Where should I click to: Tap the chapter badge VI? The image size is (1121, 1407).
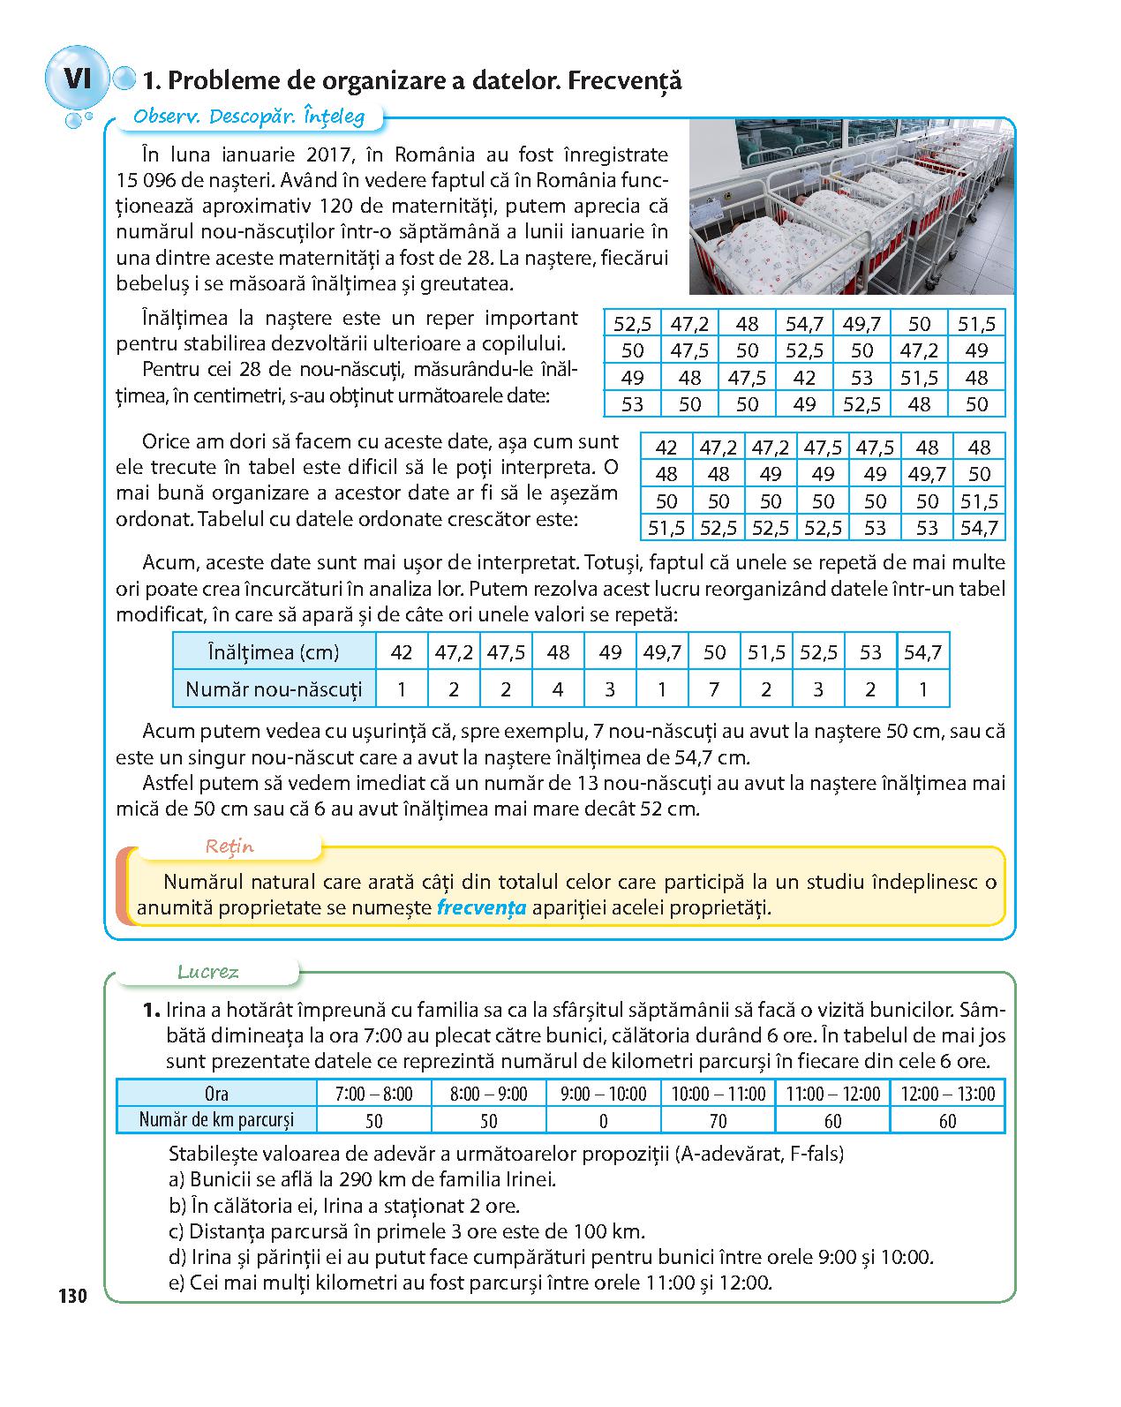point(78,78)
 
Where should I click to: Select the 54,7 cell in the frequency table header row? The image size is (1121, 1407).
point(922,652)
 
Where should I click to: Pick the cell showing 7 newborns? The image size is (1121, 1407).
point(714,688)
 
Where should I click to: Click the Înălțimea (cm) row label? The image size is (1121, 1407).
point(274,652)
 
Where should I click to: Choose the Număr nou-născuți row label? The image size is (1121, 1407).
point(274,688)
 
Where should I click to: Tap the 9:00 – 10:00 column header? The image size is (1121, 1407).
point(603,1094)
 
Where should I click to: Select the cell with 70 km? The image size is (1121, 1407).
point(718,1121)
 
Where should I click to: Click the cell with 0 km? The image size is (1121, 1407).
point(603,1121)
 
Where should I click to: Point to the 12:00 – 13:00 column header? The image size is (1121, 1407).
point(947,1094)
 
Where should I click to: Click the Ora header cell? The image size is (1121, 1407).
point(216,1094)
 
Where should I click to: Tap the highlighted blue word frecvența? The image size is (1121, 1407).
point(482,907)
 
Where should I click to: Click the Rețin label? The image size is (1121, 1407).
point(229,846)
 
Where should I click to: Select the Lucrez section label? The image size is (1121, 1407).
point(208,973)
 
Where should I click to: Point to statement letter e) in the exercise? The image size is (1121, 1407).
point(176,1283)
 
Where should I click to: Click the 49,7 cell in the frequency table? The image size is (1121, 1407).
point(662,652)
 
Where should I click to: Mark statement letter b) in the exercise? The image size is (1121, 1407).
point(176,1205)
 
